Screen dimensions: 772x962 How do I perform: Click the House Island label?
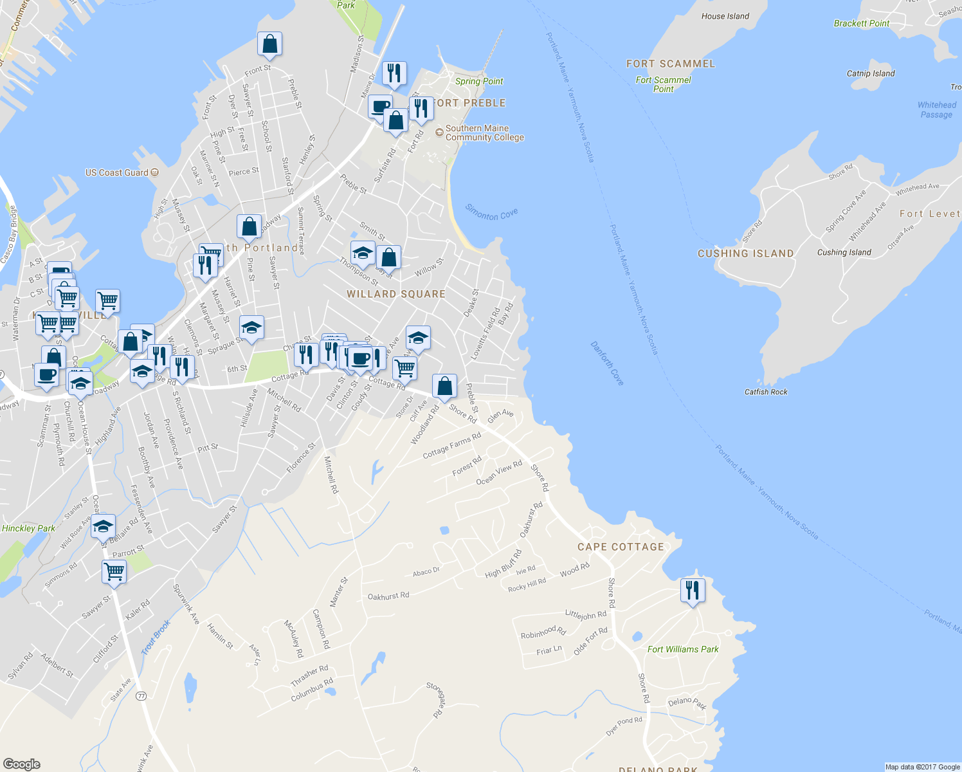[725, 16]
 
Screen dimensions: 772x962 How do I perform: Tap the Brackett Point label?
[861, 24]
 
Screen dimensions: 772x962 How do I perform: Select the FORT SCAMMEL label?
[670, 64]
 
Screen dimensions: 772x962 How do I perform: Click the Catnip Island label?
[871, 73]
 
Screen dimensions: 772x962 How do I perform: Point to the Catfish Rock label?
[765, 392]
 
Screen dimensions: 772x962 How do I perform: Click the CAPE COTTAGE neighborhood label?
[621, 547]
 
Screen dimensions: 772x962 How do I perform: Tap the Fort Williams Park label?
[682, 649]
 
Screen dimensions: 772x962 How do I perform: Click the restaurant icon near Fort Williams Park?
[693, 589]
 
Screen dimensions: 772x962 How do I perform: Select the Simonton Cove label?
[491, 212]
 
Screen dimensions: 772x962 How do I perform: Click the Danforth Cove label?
[607, 363]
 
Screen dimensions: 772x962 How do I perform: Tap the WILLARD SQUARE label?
[395, 294]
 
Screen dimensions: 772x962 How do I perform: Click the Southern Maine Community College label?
[484, 133]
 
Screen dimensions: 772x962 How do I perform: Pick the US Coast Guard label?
[117, 172]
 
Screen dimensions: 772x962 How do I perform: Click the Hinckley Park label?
[28, 528]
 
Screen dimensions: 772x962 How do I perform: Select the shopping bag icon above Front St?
[269, 44]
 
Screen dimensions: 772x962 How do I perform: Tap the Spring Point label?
[478, 81]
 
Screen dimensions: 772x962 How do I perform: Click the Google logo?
[21, 764]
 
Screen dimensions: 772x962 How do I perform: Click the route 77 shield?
[141, 695]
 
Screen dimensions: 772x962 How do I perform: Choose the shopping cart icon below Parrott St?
[114, 571]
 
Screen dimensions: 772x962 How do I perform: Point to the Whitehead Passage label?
[936, 109]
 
